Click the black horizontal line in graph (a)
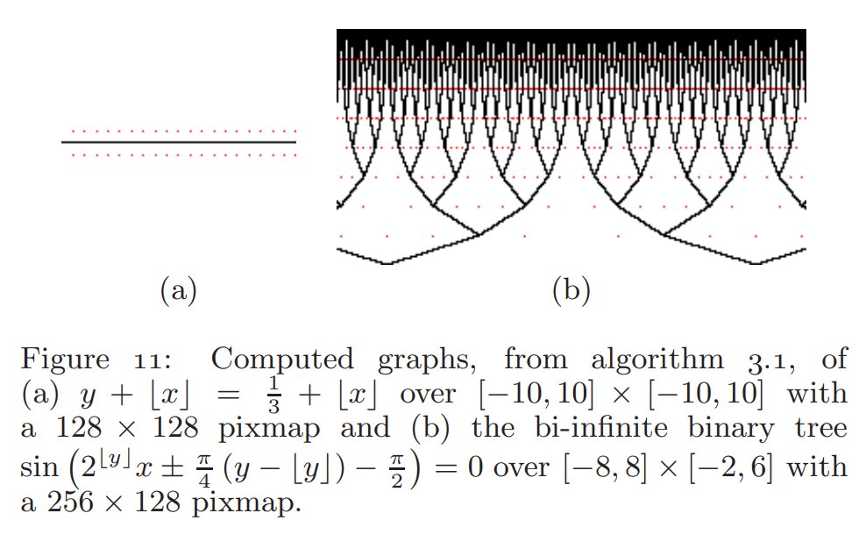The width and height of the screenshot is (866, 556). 178,142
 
